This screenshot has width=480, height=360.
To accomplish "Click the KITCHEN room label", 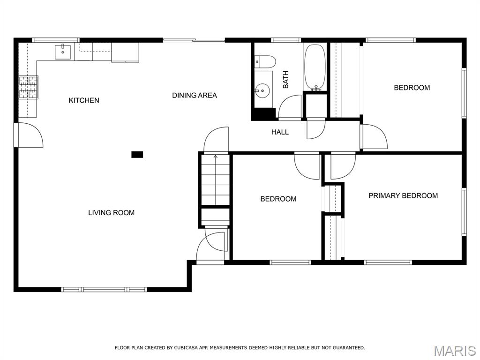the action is [84, 100].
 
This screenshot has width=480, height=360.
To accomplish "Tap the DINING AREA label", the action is [195, 96].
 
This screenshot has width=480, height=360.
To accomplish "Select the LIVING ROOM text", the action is [112, 213].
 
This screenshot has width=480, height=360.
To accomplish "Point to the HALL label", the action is [280, 132].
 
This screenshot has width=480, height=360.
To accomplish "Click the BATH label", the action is [285, 80].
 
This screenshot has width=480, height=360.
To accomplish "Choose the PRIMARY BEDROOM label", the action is [403, 195].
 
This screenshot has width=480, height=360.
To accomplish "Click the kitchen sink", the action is [63, 52].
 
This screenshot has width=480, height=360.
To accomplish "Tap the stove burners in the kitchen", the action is [29, 87].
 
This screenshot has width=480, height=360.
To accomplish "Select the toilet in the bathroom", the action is [265, 61].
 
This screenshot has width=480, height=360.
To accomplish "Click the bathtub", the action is [315, 67].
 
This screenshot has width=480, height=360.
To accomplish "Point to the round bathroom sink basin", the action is [262, 90].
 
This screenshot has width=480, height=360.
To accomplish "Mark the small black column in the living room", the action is [137, 155].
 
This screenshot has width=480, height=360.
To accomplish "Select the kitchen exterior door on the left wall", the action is [29, 135].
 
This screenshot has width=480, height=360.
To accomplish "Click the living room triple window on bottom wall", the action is [104, 289].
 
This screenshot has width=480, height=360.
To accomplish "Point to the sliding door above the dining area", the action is [194, 40].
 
